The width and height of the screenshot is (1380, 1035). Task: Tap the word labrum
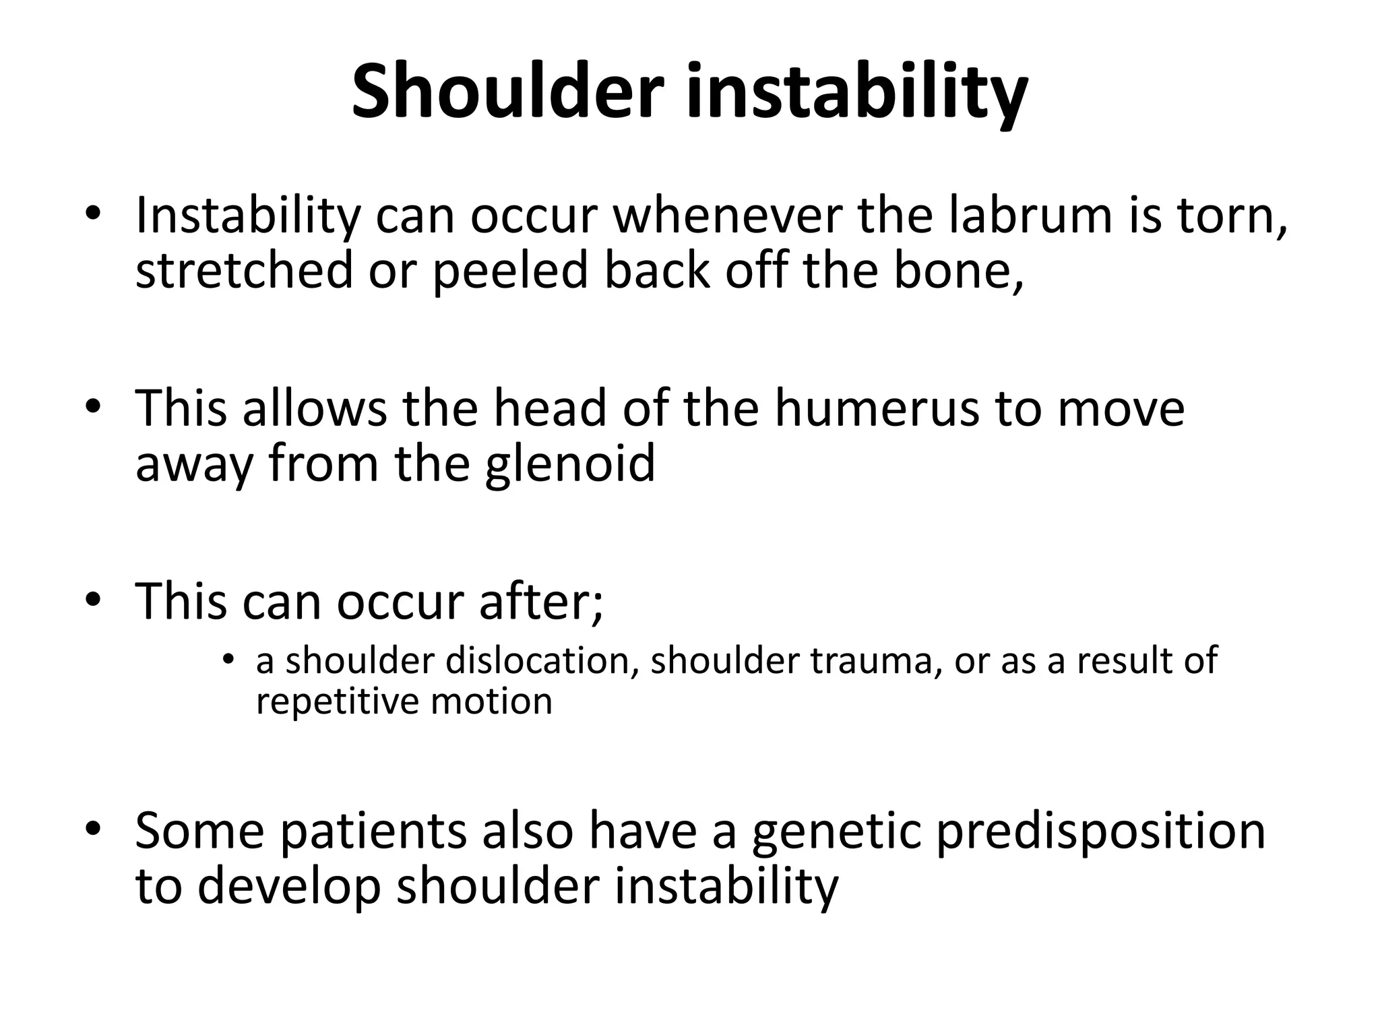(1030, 216)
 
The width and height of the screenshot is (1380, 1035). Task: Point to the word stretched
(244, 270)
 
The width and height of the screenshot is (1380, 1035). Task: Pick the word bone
(957, 270)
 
